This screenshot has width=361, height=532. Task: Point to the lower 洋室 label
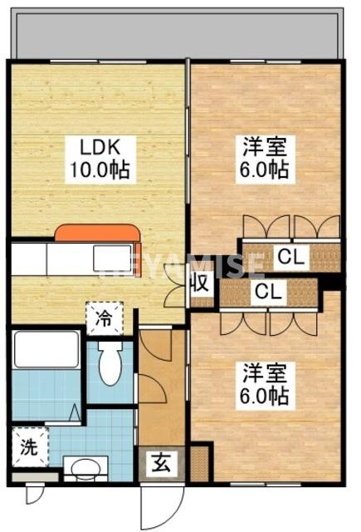click(x=266, y=371)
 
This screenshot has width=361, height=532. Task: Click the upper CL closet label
click(x=290, y=257)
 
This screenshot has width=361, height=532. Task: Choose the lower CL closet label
click(x=266, y=292)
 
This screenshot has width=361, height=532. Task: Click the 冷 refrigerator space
click(x=103, y=318)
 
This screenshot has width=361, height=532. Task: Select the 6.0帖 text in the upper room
click(x=266, y=171)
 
